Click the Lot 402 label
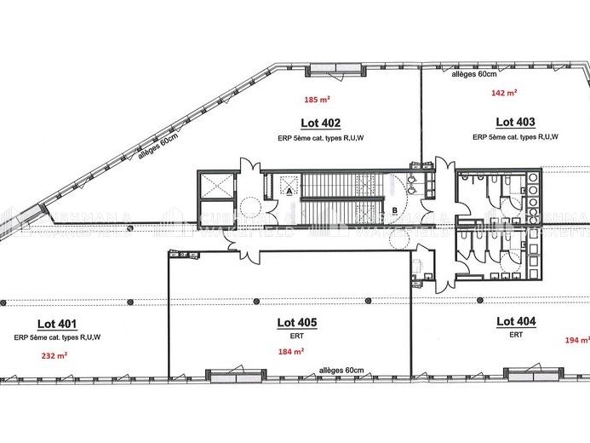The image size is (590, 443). click(x=320, y=122)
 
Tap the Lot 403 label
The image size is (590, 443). click(x=515, y=122)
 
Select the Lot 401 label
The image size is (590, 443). click(x=57, y=324)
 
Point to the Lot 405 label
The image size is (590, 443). click(x=297, y=322)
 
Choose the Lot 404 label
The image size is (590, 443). click(x=516, y=321)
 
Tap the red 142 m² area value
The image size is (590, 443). click(x=503, y=93)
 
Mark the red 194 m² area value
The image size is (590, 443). click(x=576, y=340)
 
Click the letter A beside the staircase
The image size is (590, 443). click(x=289, y=193)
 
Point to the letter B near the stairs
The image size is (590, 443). click(x=394, y=209)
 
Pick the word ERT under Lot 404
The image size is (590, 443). click(x=516, y=335)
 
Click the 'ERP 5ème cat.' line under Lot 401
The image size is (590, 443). click(x=57, y=337)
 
